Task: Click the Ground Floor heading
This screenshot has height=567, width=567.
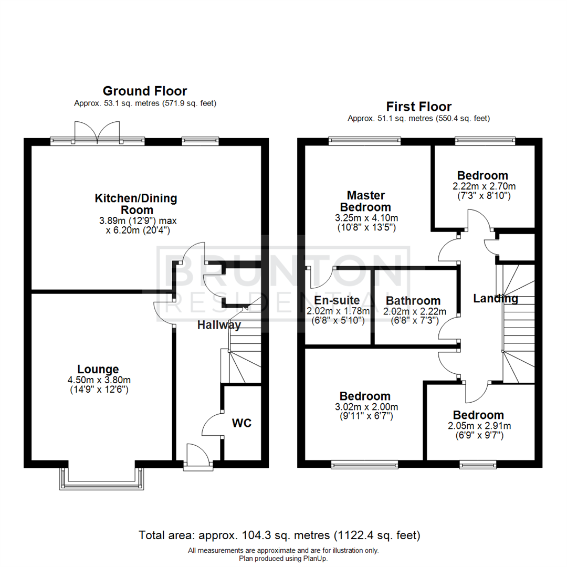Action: click(x=144, y=91)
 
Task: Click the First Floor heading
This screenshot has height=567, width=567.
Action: click(x=418, y=107)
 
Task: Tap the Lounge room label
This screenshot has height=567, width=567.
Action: click(x=98, y=369)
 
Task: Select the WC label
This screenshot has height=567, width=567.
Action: click(x=243, y=423)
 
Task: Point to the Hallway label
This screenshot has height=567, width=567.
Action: click(x=219, y=325)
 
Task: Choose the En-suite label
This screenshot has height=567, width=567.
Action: click(x=337, y=300)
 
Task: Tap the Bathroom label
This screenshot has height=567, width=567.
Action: click(x=413, y=301)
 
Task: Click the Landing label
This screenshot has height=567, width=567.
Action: click(x=495, y=299)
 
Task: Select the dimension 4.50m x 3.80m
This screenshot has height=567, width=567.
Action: click(x=98, y=380)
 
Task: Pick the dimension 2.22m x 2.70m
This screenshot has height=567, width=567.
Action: click(x=482, y=186)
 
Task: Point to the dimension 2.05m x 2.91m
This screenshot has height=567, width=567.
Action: click(x=478, y=425)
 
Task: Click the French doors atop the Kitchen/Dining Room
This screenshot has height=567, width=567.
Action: click(x=98, y=132)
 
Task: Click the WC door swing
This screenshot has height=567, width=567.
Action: click(x=212, y=423)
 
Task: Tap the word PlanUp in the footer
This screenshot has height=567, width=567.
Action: click(x=314, y=559)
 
